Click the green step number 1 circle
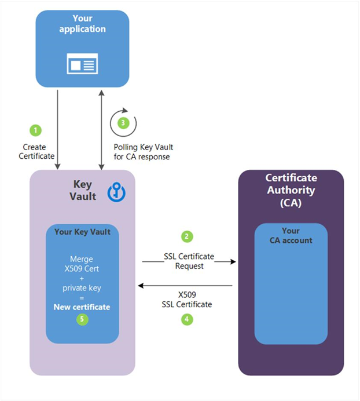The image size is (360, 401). [36, 129]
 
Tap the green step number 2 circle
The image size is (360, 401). [186, 236]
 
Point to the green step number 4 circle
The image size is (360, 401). [186, 318]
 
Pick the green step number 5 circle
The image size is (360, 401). [82, 319]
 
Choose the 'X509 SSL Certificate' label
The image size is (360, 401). [188, 299]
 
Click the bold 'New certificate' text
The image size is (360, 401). [82, 307]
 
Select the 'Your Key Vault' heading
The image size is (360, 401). [82, 232]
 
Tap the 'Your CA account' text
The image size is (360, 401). [291, 235]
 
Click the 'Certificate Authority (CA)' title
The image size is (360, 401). [291, 189]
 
